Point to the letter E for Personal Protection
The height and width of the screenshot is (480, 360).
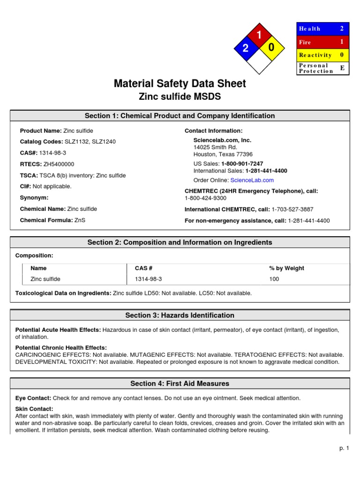tap(342, 68)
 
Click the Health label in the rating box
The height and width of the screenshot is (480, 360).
tap(310, 29)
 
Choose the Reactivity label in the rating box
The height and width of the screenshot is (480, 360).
tap(315, 55)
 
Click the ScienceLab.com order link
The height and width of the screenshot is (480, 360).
tap(252, 180)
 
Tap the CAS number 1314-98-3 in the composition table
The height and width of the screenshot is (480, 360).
tap(148, 279)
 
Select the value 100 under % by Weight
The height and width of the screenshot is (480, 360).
tap(274, 279)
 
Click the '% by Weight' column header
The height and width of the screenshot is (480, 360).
tap(286, 268)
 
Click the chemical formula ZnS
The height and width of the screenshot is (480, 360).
tap(80, 220)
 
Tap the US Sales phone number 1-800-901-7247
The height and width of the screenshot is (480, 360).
tap(242, 164)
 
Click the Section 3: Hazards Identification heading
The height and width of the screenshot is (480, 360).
tap(180, 315)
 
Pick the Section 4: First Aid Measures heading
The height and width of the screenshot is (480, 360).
tap(180, 383)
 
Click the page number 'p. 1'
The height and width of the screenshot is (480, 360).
tap(345, 449)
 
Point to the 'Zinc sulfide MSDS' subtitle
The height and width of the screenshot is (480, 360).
tap(180, 97)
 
